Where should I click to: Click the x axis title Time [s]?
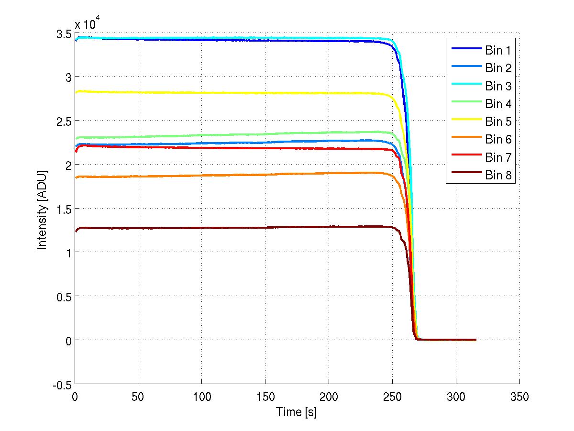click(297, 411)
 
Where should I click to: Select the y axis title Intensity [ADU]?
click(43, 208)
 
